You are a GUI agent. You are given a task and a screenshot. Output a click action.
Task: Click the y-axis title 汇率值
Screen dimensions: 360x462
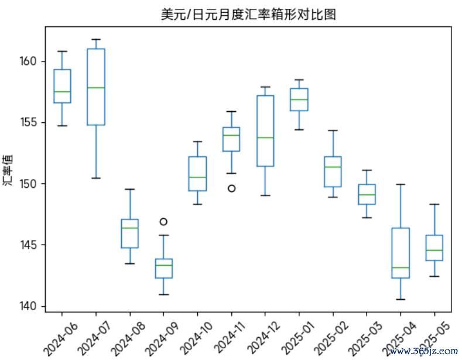(8, 170)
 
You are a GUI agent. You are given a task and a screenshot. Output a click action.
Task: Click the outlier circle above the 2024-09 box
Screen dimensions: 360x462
(164, 221)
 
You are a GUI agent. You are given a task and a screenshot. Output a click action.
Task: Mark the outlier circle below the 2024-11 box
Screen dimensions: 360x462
(231, 188)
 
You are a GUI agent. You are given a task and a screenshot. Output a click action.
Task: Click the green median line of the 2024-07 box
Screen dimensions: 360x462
(96, 88)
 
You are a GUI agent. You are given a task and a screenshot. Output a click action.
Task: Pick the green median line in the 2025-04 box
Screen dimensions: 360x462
(401, 268)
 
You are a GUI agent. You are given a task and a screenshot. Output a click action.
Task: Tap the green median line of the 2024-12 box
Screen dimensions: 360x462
(265, 138)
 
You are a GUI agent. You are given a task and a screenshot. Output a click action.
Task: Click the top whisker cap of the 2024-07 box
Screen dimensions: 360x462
(96, 39)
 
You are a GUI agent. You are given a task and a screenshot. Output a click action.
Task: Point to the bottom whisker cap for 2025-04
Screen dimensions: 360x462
(401, 299)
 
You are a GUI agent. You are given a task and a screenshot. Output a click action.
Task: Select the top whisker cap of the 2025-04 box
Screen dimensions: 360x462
(401, 184)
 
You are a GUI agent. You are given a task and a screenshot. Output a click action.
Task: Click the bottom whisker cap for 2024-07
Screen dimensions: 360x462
(96, 178)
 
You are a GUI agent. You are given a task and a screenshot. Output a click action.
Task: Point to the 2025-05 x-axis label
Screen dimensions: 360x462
(434, 334)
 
